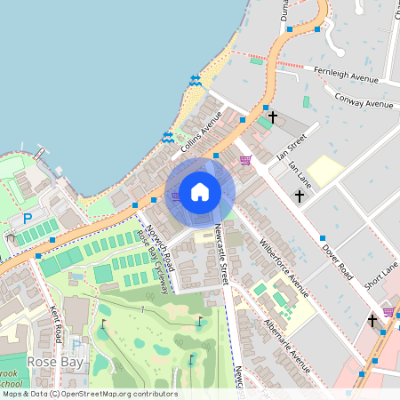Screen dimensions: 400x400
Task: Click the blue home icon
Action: [x=200, y=191]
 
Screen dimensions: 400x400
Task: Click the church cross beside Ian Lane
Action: [x=300, y=196]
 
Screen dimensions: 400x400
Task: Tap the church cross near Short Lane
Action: [x=372, y=320]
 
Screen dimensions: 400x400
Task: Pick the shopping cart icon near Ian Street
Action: [x=245, y=159]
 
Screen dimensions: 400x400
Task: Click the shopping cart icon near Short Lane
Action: [x=388, y=312]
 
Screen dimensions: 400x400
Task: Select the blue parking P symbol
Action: [x=27, y=218]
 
